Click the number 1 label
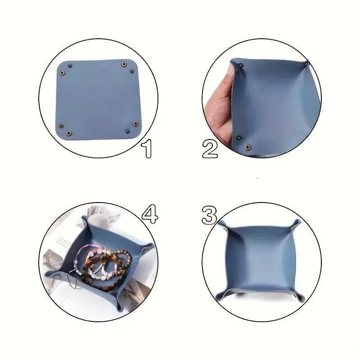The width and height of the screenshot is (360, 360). click(x=147, y=149)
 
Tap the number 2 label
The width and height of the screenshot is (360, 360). click(x=210, y=149)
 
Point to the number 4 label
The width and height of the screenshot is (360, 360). click(x=150, y=214)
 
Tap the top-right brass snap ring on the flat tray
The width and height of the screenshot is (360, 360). click(x=124, y=65)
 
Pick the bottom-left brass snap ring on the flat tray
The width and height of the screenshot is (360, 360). click(x=69, y=132)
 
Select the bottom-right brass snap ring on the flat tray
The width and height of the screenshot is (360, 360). click(x=135, y=124)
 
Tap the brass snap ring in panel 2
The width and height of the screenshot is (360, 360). click(x=247, y=147)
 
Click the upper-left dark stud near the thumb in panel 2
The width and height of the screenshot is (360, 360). click(x=241, y=66)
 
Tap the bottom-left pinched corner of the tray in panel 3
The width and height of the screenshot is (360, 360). click(x=219, y=296)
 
